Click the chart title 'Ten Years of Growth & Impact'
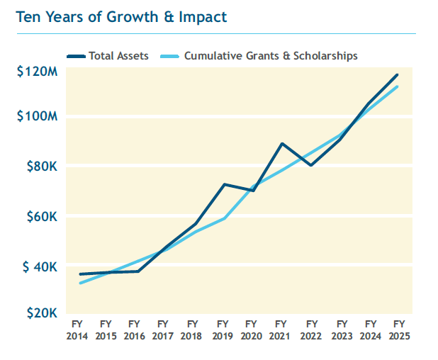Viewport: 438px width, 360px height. pos(121,17)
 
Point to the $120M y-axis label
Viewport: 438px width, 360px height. pos(36,71)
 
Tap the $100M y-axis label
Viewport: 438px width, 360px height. pos(36,116)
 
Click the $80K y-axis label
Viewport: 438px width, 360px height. pos(40,167)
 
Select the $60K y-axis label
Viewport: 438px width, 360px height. pos(40,216)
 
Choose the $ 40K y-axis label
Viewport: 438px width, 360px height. pos(38,266)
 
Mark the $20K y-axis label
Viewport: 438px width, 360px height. pos(40,312)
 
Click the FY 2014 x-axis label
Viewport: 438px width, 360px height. pos(77,331)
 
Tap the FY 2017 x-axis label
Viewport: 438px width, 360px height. pos(162,331)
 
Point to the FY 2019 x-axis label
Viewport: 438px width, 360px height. pos(222,331)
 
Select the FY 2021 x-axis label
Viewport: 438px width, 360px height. pos(281,331)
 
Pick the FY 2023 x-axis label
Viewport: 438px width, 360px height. pos(340,331)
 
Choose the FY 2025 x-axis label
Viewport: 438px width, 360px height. pos(398,331)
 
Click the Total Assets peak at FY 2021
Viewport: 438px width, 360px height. pos(282,144)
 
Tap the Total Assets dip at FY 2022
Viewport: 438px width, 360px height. pos(311,165)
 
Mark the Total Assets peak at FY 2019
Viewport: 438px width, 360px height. pos(223,184)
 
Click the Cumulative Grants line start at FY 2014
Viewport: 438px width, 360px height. pos(80,283)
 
